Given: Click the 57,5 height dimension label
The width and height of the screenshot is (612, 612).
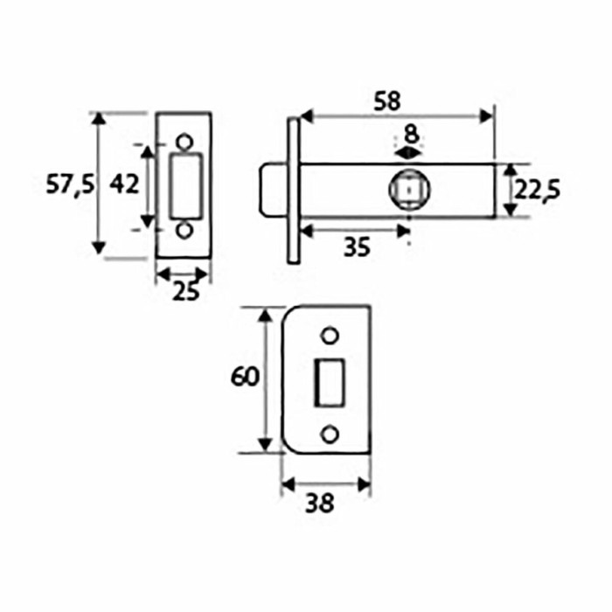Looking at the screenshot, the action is pos(70,184).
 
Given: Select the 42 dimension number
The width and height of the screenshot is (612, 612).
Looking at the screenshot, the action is pos(124,184).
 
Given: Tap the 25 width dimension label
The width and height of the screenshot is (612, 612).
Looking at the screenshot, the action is pos(185,291).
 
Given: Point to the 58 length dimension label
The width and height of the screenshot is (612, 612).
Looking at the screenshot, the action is pos(387,101).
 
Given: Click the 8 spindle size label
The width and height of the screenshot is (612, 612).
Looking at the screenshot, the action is pos(412,135).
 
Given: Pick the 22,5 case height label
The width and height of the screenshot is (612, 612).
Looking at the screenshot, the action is pos(537,190).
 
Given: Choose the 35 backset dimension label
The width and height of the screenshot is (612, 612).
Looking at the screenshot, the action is pos(357,247).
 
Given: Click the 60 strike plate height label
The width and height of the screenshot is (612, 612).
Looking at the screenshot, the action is pos(245,377).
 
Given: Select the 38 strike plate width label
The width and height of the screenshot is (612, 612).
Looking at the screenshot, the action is pos(320,503).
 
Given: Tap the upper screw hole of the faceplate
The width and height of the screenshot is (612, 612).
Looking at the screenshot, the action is pos(184,142).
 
